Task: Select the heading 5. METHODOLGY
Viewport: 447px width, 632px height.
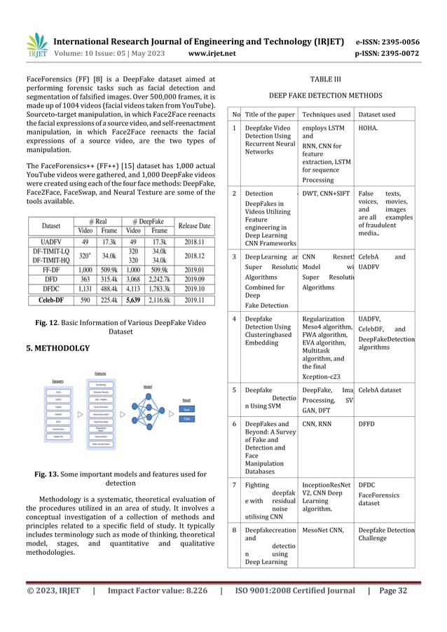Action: (57, 348)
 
